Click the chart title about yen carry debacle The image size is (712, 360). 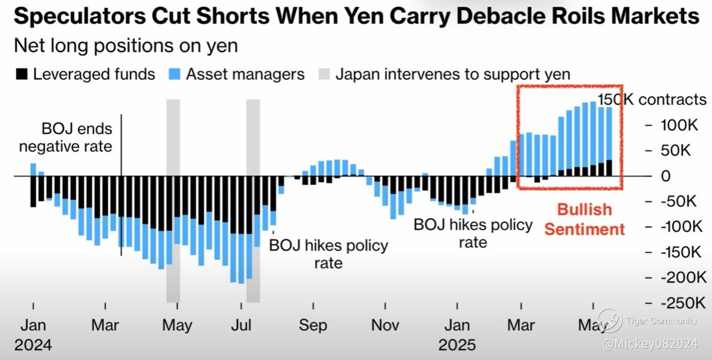[x=356, y=17]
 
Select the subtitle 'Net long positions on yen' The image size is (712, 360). [x=125, y=46]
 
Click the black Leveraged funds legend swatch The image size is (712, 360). [x=22, y=74]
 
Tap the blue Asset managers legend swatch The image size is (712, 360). [x=175, y=74]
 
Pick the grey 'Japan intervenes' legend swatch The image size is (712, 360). [x=324, y=74]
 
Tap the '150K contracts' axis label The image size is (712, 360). [x=653, y=100]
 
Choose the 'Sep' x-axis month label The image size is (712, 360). [x=313, y=325]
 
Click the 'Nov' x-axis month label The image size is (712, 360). [x=385, y=325]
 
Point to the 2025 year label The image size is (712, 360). [x=457, y=345]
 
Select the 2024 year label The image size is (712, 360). [x=33, y=345]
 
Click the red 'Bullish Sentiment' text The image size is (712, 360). [x=585, y=219]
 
